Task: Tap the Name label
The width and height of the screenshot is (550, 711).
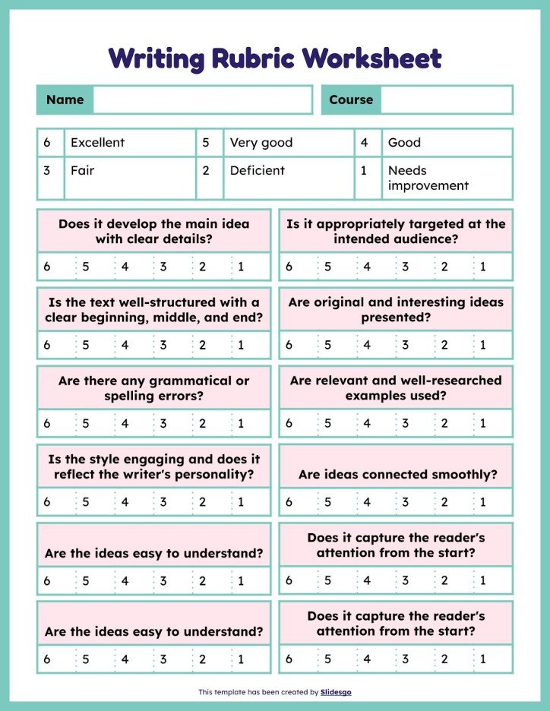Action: [65, 100]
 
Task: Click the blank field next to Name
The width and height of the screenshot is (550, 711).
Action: [202, 100]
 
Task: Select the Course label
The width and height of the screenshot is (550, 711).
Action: [351, 100]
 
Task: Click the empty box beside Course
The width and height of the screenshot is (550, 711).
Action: [446, 100]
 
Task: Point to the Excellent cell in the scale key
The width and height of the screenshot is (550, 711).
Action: [97, 142]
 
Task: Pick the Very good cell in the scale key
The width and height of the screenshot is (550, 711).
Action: [261, 142]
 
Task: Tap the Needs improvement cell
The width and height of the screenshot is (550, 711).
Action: [428, 178]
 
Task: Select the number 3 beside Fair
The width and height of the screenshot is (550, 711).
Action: [47, 170]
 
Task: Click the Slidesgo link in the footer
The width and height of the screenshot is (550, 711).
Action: [336, 692]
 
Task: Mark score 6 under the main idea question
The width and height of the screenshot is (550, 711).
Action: [47, 267]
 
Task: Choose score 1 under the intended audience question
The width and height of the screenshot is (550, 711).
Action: [482, 267]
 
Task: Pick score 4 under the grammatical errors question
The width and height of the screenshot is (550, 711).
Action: [125, 423]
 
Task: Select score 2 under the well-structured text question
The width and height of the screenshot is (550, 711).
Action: [202, 345]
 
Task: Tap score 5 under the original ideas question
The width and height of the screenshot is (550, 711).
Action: [327, 345]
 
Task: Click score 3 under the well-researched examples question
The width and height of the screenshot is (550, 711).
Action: [405, 423]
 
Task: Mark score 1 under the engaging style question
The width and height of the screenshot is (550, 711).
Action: [241, 501]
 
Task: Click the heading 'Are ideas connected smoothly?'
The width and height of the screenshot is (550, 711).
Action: [397, 475]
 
